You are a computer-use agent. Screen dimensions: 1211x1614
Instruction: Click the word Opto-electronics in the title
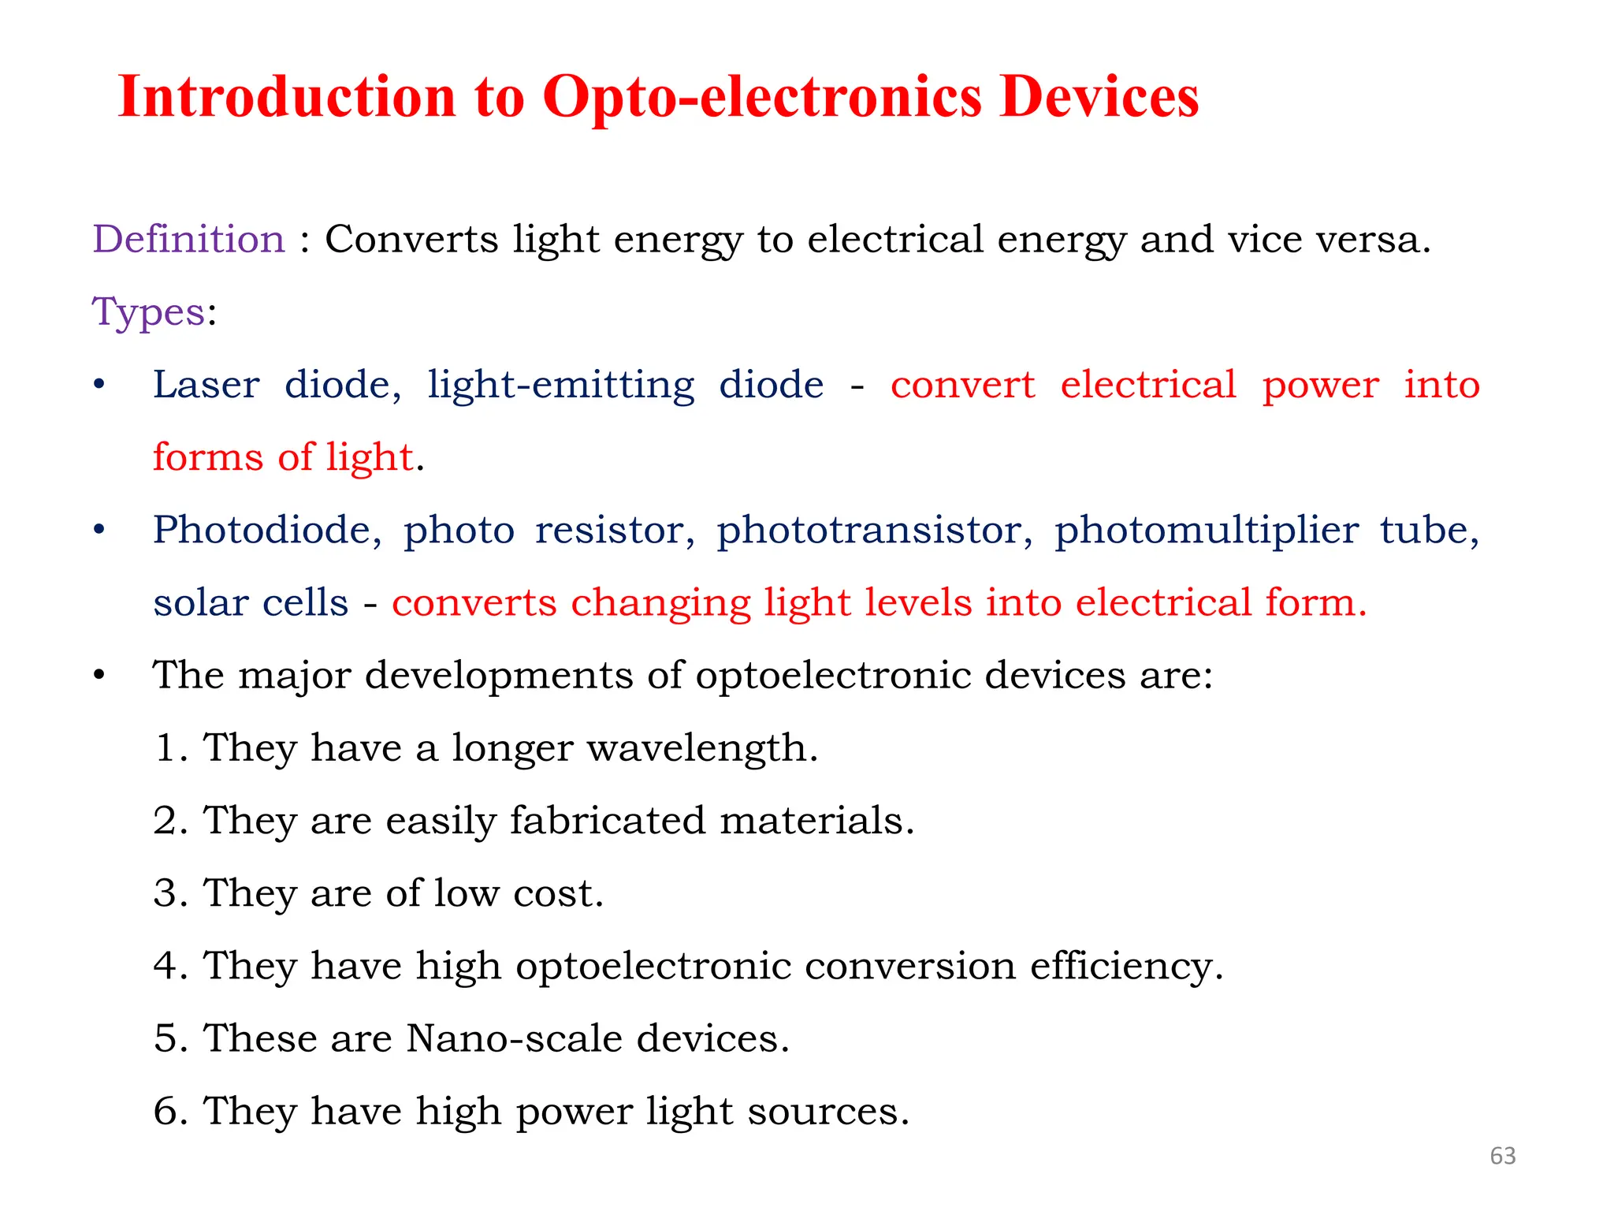[x=761, y=98]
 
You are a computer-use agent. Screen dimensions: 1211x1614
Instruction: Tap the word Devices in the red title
[x=1099, y=98]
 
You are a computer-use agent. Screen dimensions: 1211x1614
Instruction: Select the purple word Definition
[x=188, y=239]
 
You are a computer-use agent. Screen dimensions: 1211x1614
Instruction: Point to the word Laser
[x=206, y=385]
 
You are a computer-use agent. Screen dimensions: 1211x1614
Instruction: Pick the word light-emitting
[x=560, y=385]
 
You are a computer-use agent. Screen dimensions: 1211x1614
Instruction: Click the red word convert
[x=962, y=385]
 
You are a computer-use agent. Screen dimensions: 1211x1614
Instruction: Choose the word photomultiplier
[x=1206, y=530]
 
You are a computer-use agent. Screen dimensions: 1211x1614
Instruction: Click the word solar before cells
[x=200, y=602]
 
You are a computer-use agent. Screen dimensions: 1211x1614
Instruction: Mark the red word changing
[x=660, y=604]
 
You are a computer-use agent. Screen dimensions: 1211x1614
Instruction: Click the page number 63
[x=1503, y=1156]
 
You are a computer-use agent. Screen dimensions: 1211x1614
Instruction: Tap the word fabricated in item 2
[x=607, y=820]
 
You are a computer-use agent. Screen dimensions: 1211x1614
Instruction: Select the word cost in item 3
[x=557, y=893]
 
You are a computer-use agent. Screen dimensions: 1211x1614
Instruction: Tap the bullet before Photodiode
[x=99, y=530]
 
